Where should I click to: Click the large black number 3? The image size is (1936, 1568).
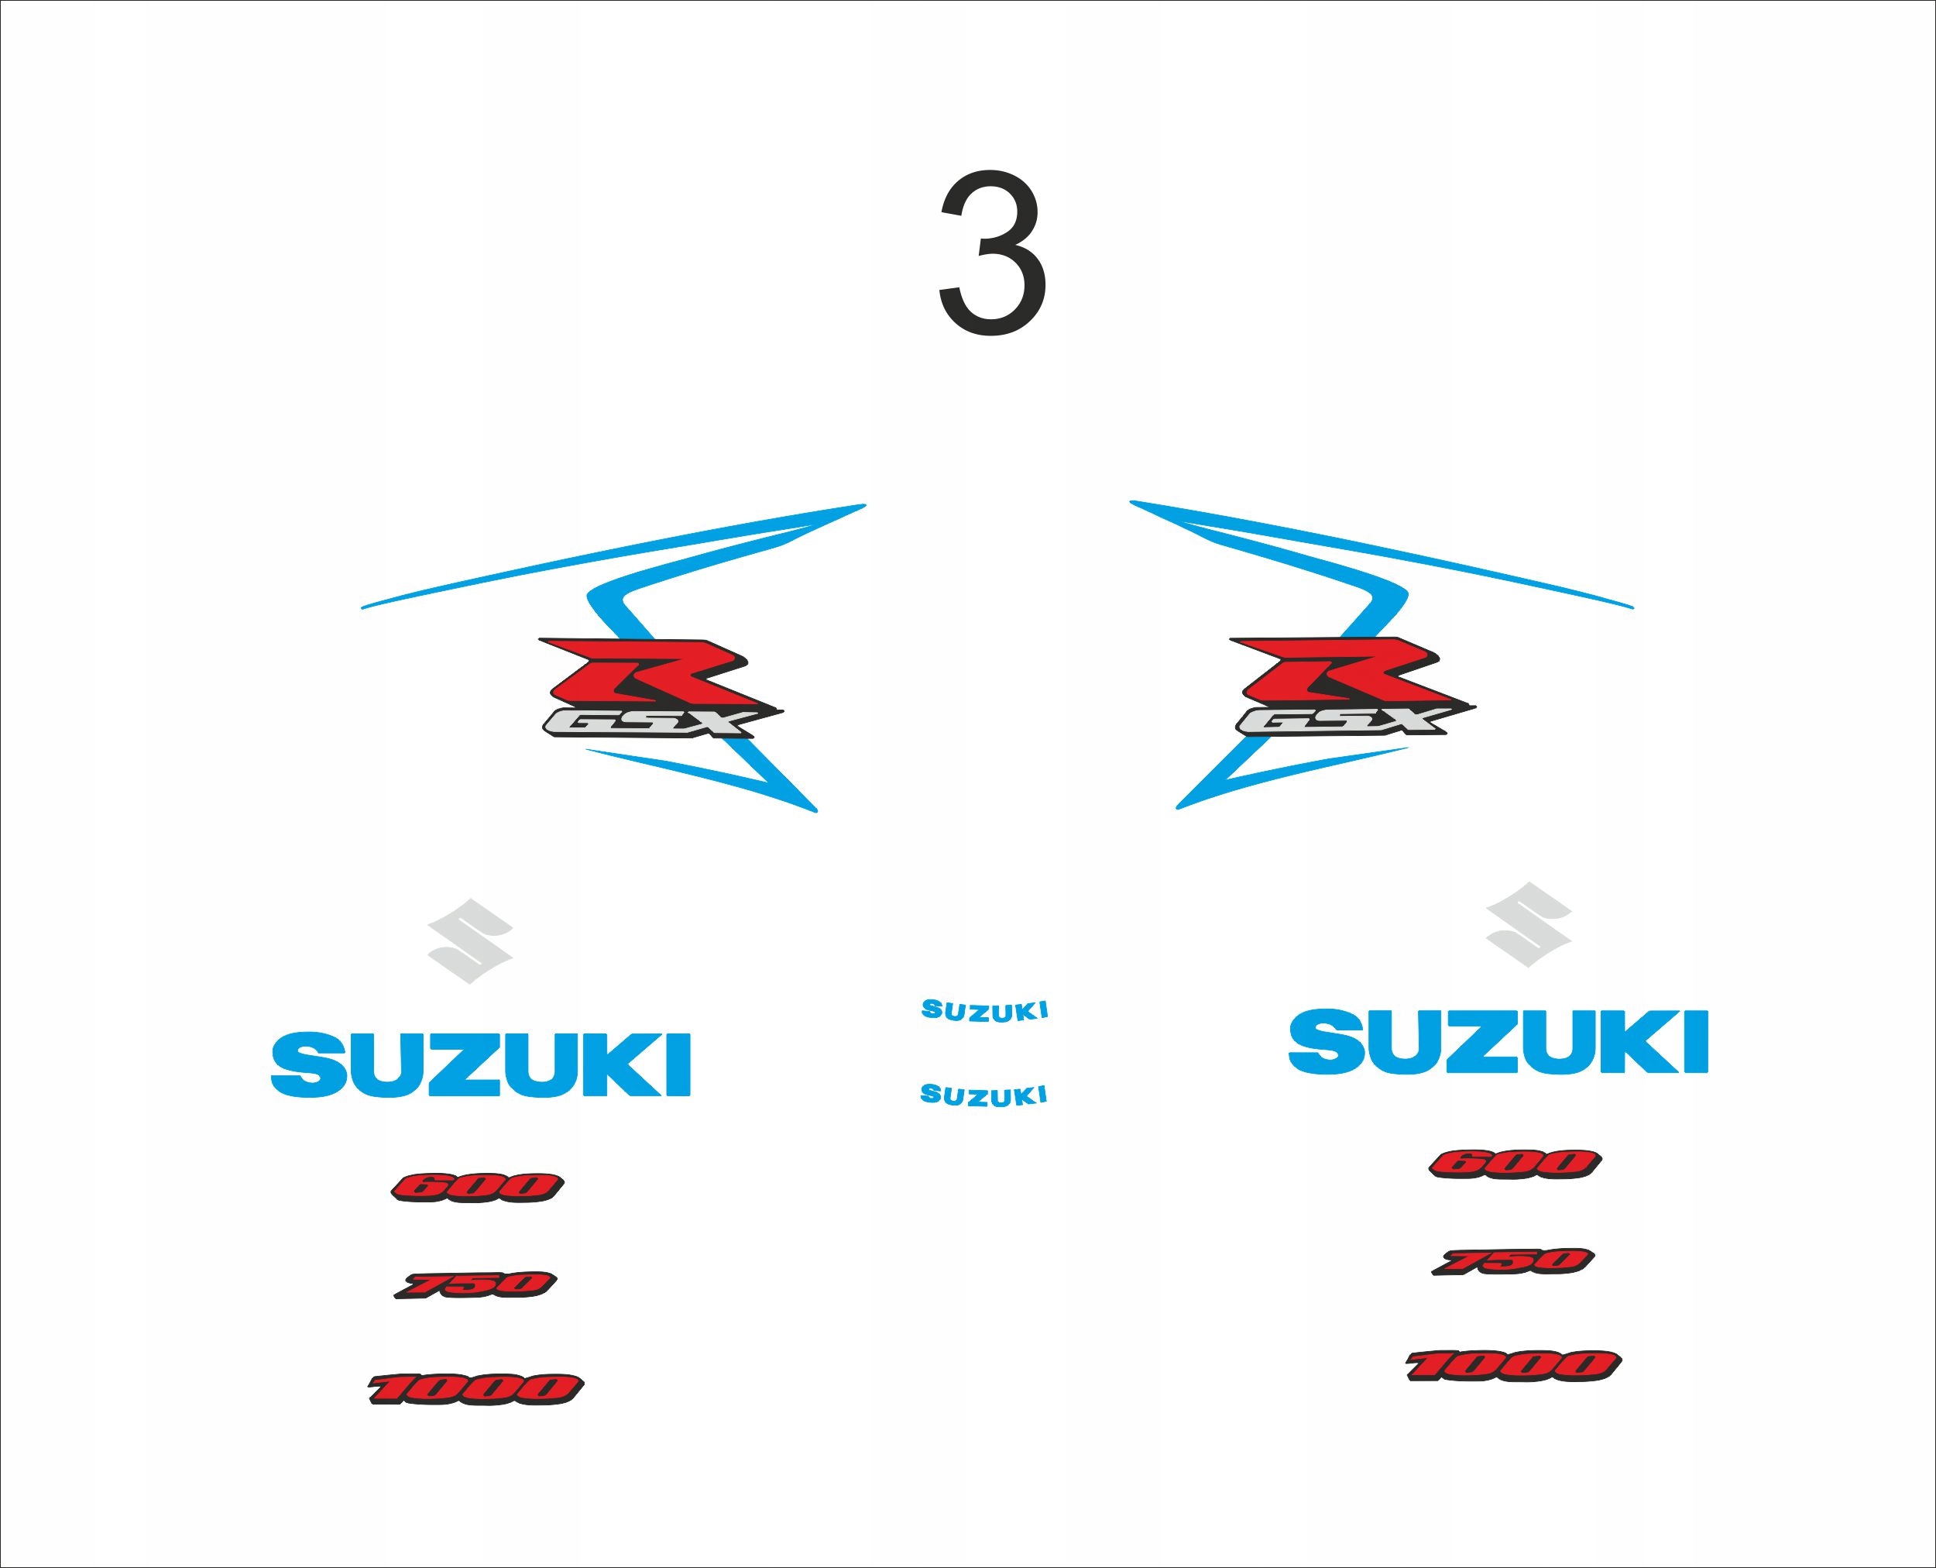click(x=994, y=253)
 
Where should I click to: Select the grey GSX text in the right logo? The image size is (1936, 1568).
click(x=1342, y=720)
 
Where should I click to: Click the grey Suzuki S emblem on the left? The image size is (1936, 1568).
click(x=469, y=941)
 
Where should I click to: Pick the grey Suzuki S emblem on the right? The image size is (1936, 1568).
click(x=1529, y=925)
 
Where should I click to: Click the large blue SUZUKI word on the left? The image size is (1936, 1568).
click(x=480, y=1065)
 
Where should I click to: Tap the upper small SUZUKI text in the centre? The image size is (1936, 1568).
click(x=984, y=1011)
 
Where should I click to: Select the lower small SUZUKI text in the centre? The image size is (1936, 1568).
click(x=983, y=1095)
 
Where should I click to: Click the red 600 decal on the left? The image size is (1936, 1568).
click(x=477, y=1187)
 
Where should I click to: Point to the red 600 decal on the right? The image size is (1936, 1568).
click(x=1514, y=1164)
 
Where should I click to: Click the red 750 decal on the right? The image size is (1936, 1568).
click(x=1513, y=1261)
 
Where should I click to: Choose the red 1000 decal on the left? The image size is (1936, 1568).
click(x=476, y=1388)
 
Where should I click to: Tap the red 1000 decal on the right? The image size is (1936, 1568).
click(x=1513, y=1365)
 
